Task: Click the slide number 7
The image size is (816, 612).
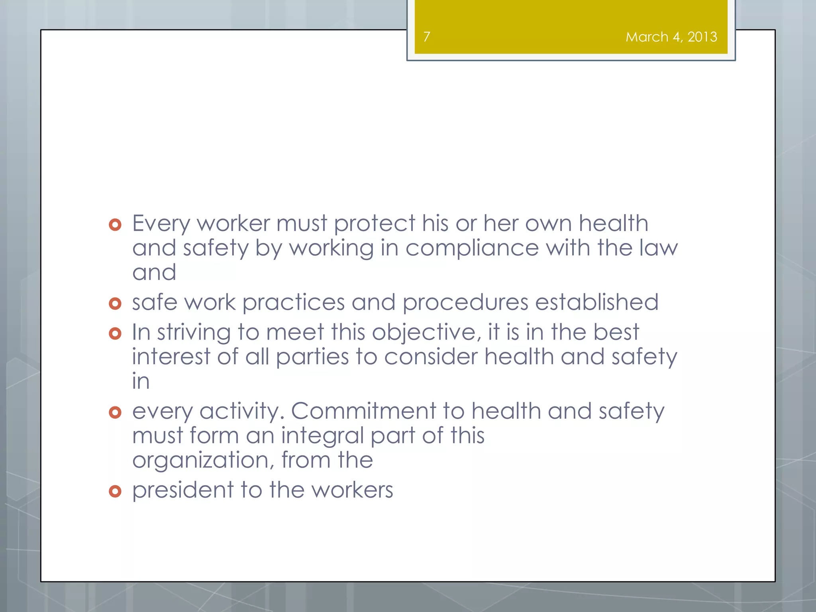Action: (427, 37)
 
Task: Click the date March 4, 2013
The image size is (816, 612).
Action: (671, 37)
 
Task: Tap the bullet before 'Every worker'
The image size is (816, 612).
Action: (115, 225)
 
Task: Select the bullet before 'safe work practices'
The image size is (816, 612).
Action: (115, 304)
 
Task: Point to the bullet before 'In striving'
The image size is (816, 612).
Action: (115, 333)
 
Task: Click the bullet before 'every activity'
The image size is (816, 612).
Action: (115, 412)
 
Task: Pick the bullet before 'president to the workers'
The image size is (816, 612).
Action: (115, 491)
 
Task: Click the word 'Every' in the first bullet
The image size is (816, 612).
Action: (161, 224)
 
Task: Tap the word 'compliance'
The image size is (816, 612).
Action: (472, 249)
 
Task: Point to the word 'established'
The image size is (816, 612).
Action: (596, 302)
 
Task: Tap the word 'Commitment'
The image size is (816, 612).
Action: (363, 411)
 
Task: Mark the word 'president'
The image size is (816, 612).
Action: (183, 490)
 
